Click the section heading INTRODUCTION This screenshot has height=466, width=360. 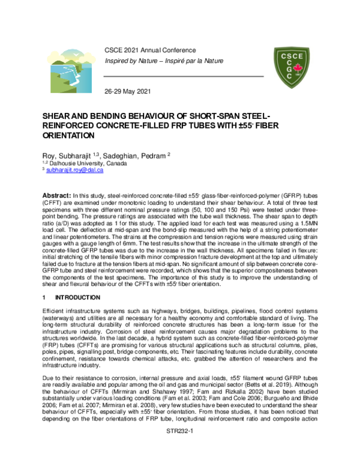pyautogui.click(x=79, y=297)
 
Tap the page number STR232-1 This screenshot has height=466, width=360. pyautogui.click(x=179, y=449)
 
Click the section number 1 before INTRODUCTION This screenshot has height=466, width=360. pyautogui.click(x=43, y=297)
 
